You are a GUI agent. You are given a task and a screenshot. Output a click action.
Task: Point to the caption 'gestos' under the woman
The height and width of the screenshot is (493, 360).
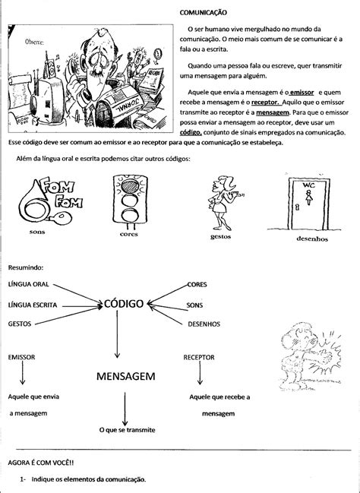222,236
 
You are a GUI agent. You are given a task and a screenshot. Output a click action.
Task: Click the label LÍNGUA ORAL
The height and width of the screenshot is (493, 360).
29,284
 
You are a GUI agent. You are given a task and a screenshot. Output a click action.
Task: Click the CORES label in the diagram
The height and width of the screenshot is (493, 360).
197,284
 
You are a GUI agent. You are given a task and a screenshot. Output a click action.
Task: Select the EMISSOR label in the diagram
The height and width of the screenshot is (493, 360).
22,356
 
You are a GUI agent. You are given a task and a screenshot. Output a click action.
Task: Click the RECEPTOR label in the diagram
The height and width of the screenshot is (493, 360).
200,356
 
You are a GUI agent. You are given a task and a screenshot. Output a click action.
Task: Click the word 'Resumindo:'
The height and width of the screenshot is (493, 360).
27,267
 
